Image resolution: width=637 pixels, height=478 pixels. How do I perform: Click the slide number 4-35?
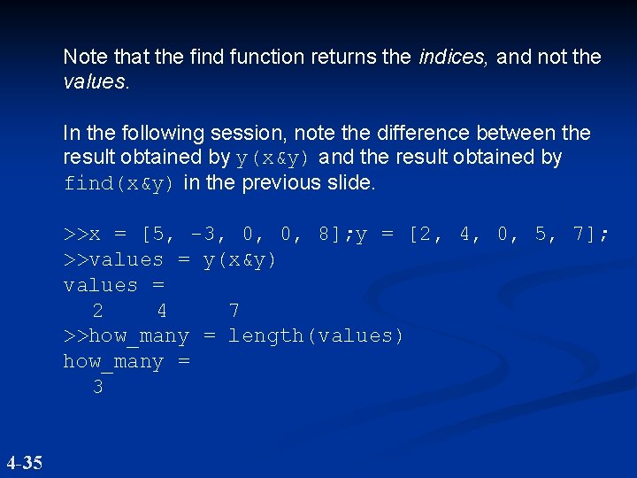point(24,462)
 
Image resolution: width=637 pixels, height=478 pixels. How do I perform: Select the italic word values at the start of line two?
point(95,82)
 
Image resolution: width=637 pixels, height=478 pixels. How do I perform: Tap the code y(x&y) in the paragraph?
point(273,158)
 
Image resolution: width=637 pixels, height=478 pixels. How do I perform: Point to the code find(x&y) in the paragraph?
point(119,184)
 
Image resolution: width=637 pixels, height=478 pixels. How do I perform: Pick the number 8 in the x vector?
point(325,235)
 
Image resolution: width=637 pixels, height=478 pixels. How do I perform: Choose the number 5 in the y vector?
point(541,235)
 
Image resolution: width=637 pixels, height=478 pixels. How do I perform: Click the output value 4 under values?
point(161,311)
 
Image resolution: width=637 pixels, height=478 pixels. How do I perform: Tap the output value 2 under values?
point(97,311)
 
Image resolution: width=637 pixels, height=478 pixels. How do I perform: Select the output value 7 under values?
point(234,311)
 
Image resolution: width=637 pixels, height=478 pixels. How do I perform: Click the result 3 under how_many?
point(97,388)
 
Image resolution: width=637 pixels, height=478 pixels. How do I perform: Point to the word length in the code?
point(266,336)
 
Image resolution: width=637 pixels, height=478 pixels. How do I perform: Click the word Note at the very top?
point(85,58)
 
